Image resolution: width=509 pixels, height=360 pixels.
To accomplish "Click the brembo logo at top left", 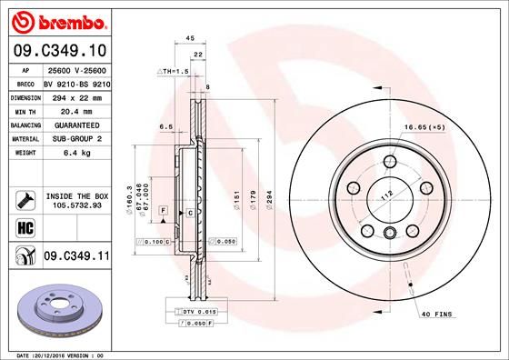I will coord(56,21).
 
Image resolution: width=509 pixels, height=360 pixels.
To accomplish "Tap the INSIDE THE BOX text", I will coord(77,195).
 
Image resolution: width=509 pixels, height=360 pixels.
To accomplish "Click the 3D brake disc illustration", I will coord(56,309).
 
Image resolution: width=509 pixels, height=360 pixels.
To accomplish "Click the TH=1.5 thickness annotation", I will coord(173,70).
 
